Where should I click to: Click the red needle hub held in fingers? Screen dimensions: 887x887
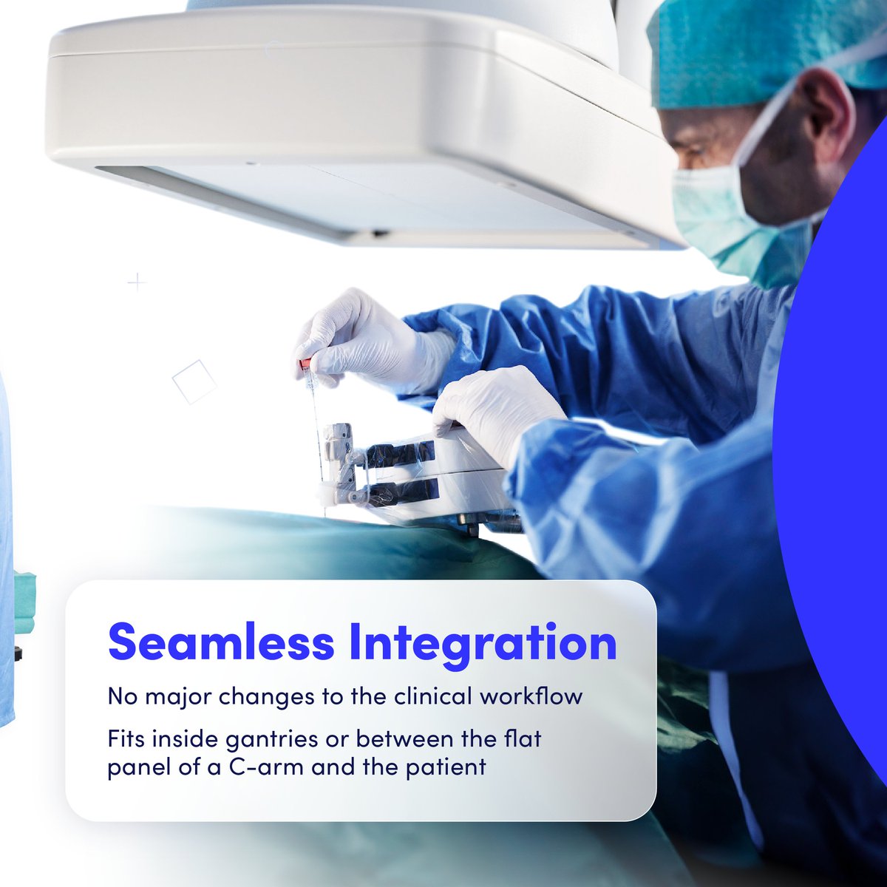305,364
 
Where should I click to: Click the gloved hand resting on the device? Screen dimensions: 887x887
495,410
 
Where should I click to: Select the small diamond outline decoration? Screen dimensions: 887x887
194,382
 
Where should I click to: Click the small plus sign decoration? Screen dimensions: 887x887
137,282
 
